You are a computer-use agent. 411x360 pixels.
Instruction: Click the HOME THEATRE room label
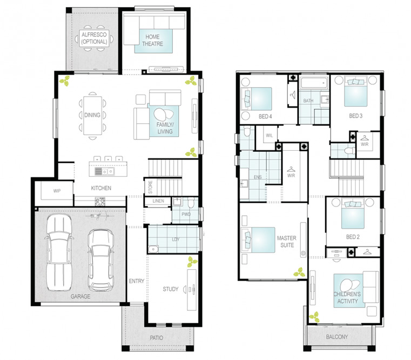[x=152, y=40]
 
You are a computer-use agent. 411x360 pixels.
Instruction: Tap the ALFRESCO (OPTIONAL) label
[x=94, y=38]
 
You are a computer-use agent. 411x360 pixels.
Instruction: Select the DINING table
[x=92, y=116]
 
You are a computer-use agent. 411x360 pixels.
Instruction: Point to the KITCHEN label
[x=101, y=188]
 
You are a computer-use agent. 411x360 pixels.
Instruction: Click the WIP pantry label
[x=57, y=191]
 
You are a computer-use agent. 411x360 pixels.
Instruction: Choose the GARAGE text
[x=80, y=297]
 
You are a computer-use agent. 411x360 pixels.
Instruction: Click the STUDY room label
[x=170, y=289]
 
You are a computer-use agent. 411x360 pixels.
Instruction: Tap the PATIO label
[x=157, y=338]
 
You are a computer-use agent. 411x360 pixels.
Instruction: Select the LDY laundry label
[x=176, y=239]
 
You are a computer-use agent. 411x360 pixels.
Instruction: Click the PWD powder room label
[x=186, y=215]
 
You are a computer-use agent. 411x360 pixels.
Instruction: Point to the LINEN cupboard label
[x=158, y=201]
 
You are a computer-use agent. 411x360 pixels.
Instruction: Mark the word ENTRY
[x=137, y=281]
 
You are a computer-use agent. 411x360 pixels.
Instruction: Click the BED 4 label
[x=265, y=117]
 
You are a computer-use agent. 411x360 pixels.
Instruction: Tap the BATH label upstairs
[x=308, y=101]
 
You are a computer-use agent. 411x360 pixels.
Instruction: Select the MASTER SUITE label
[x=287, y=242]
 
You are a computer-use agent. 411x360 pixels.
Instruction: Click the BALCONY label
[x=337, y=337]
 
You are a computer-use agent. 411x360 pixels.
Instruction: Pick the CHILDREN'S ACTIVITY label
[x=347, y=297]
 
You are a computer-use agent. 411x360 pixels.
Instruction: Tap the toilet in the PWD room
[x=191, y=202]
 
